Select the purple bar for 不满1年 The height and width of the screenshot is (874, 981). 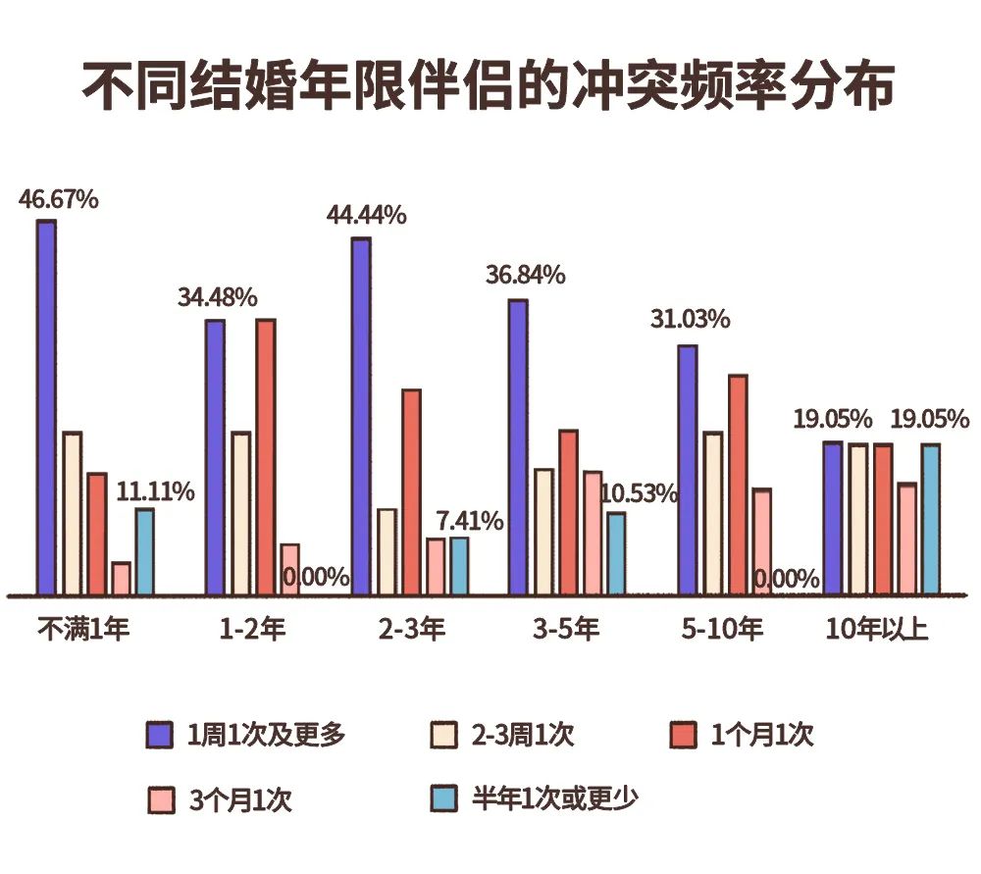click(x=46, y=407)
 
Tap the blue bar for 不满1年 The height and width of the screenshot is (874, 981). click(x=144, y=551)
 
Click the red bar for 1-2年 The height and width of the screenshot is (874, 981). click(x=265, y=456)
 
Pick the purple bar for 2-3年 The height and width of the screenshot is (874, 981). click(x=361, y=416)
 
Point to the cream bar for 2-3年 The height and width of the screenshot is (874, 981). click(x=387, y=551)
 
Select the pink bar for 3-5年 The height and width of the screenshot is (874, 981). click(x=592, y=532)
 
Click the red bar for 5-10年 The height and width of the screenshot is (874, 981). click(x=738, y=485)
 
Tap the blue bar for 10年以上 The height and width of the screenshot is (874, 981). click(x=930, y=519)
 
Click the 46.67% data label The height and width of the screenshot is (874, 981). click(x=59, y=199)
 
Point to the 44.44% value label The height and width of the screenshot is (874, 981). click(x=367, y=216)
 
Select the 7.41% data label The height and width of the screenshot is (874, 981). click(x=470, y=520)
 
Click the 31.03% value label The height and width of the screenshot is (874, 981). click(x=690, y=320)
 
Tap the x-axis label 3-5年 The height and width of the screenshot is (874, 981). click(x=566, y=629)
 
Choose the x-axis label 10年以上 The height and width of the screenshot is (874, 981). click(x=876, y=629)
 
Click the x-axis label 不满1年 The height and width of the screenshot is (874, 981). click(x=82, y=629)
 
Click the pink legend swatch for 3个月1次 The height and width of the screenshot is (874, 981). click(x=160, y=800)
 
